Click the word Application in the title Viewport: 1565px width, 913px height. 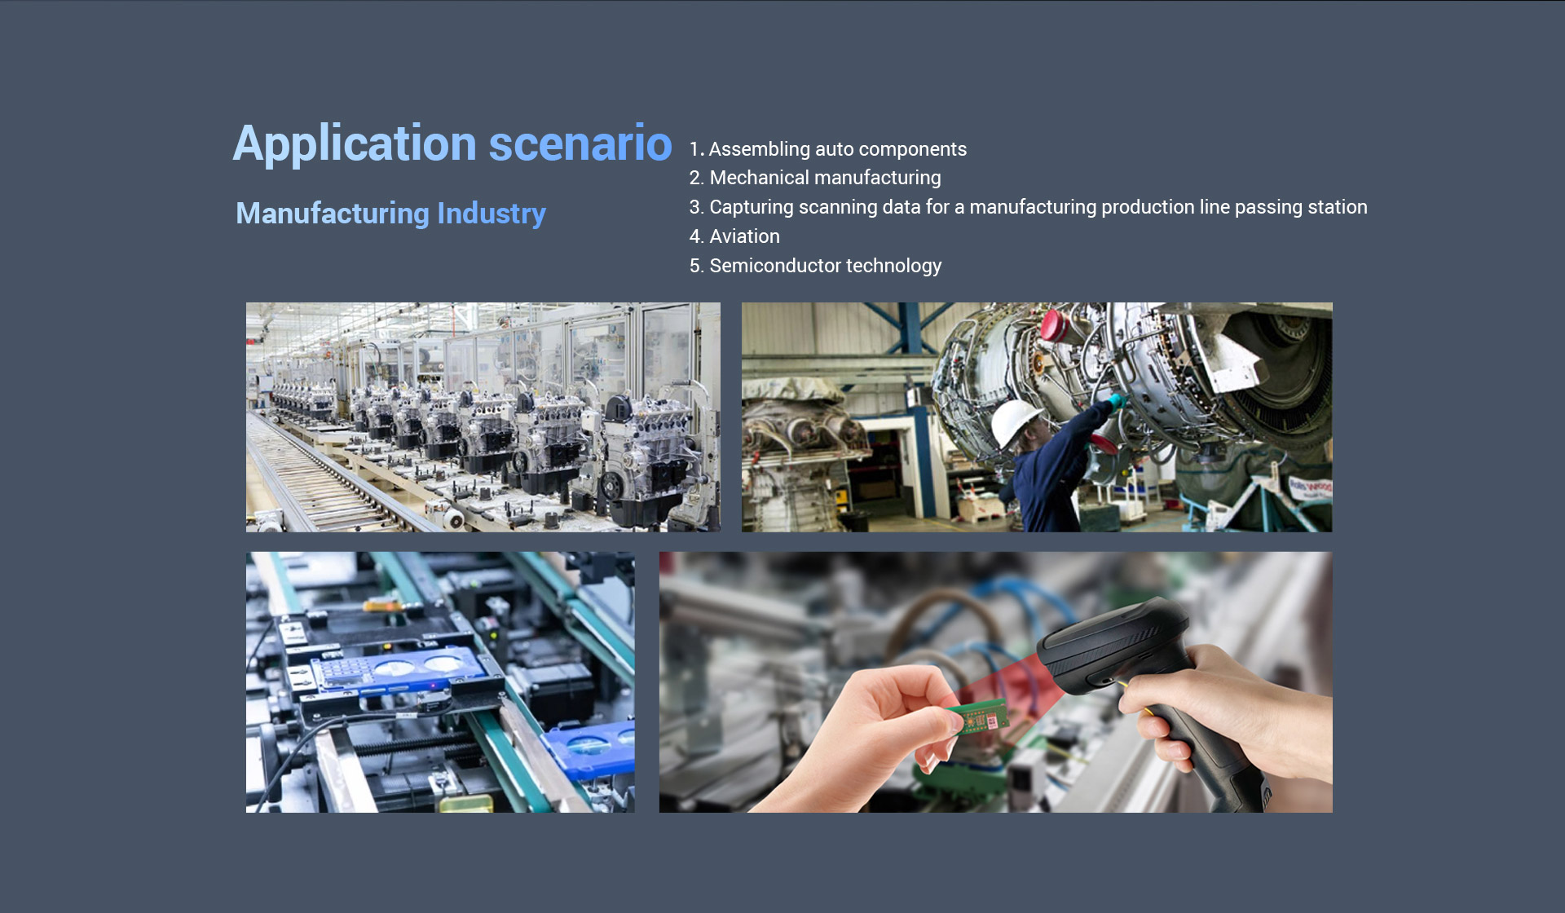(x=355, y=145)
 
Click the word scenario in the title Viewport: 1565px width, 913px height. (x=580, y=144)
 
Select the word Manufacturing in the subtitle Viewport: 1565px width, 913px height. (x=333, y=214)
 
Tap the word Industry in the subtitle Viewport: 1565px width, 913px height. (x=492, y=214)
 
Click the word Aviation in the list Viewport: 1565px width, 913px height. (x=744, y=236)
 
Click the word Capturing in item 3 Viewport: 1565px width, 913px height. (x=751, y=207)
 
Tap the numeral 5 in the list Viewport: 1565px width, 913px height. (x=695, y=266)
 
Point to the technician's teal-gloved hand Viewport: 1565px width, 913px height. (x=1116, y=400)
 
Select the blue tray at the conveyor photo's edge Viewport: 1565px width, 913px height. (x=590, y=747)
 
